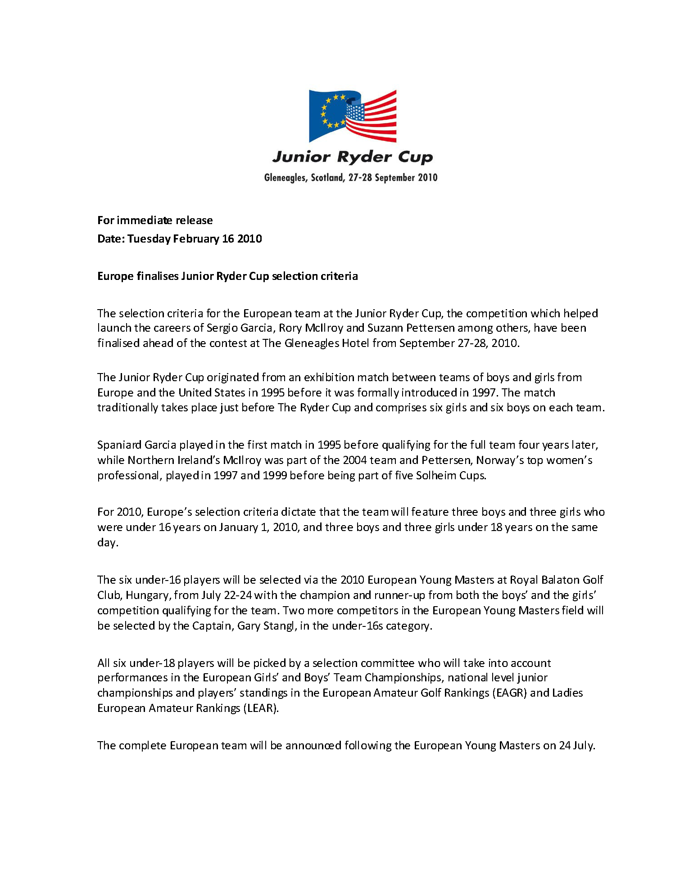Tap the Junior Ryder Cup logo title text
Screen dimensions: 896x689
coord(352,157)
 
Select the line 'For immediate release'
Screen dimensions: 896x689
coord(155,221)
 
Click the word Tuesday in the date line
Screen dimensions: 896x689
coord(149,239)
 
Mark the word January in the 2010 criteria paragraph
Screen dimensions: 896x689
coord(239,527)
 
